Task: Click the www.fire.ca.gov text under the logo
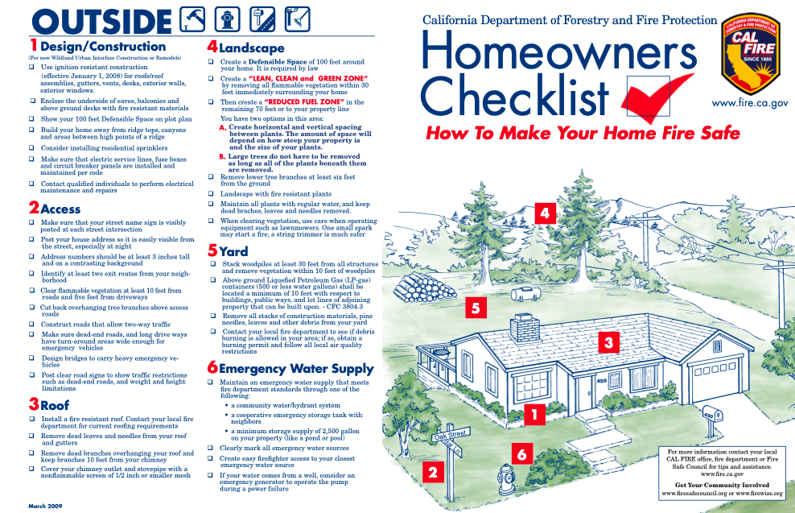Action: pos(750,104)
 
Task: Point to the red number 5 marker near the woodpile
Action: pos(476,308)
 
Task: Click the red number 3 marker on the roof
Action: pos(609,343)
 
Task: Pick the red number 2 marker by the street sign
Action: pos(433,473)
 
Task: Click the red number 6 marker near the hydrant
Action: pos(521,454)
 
